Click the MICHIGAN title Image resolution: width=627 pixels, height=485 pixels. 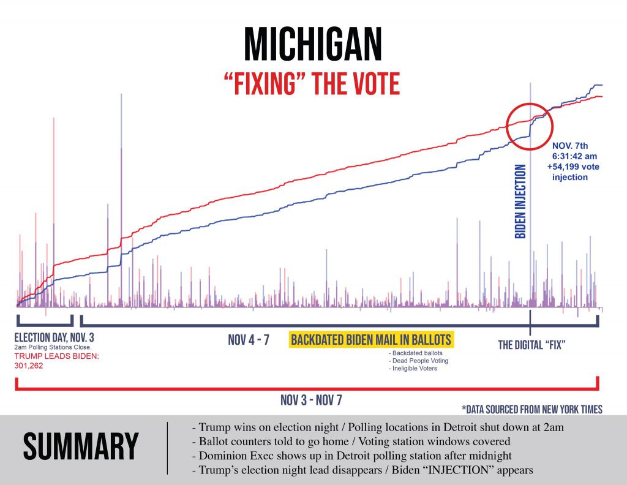pos(313,46)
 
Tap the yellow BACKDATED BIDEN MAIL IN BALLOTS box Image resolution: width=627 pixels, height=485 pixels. pos(371,340)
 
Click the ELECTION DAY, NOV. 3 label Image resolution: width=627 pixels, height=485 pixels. pos(54,337)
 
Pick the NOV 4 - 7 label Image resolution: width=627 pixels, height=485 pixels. pos(249,340)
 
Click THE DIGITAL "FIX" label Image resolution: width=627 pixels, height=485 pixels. pos(531,345)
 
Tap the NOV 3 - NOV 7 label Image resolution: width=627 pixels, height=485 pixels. pos(312,400)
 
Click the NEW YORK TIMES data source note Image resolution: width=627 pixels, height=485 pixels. pos(532,410)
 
